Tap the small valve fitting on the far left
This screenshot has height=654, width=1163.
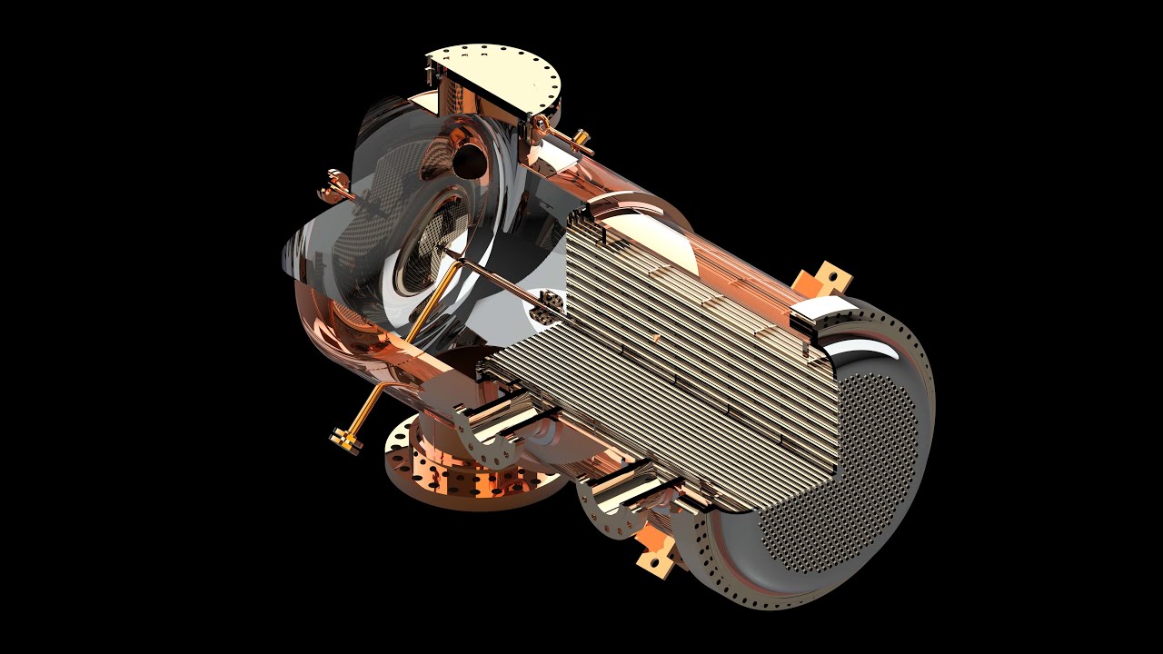coord(333,185)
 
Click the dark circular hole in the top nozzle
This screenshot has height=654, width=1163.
coord(470,160)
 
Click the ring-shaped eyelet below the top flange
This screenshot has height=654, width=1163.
coord(542,123)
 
